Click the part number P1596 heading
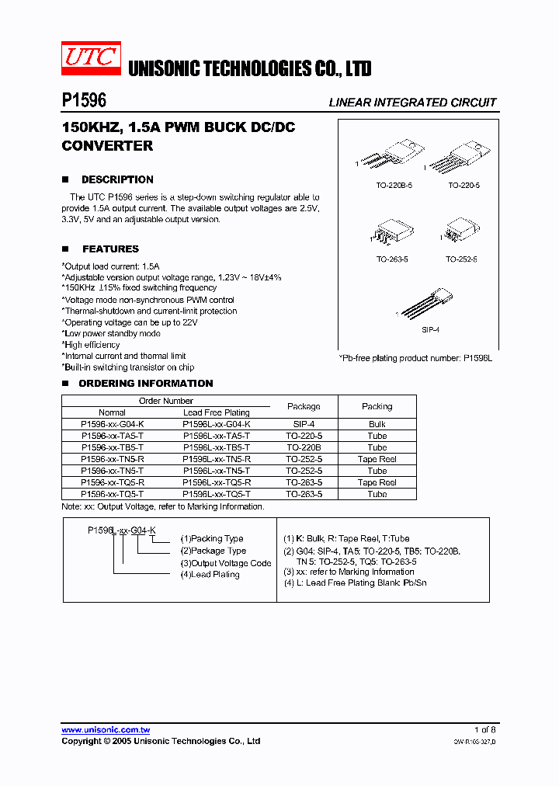[84, 101]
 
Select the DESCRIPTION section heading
[117, 179]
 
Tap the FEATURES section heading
[110, 249]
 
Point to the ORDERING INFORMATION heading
[145, 384]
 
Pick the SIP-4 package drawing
[427, 305]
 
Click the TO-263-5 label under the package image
[392, 260]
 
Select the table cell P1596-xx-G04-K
[112, 425]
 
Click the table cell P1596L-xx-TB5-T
[216, 447]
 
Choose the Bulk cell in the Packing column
[377, 425]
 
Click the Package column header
[304, 406]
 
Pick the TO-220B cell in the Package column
[304, 447]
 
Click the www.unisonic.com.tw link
[106, 730]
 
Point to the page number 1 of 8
[484, 730]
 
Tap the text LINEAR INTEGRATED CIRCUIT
[412, 103]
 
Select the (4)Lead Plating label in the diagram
[210, 575]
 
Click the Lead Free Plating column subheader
[216, 412]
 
